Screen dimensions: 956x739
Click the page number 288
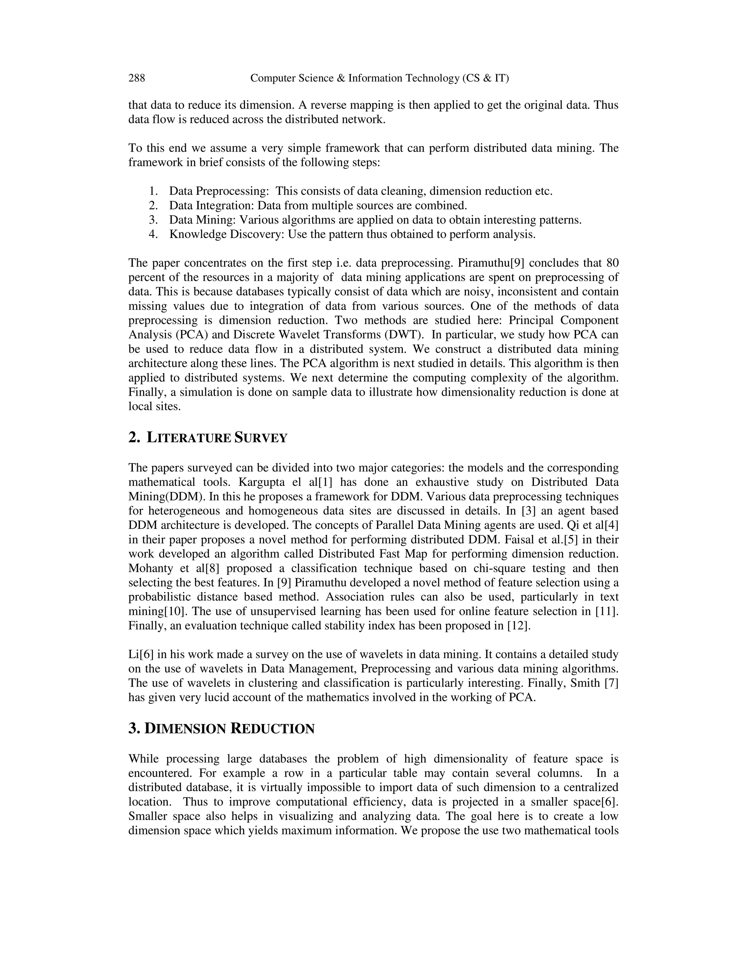[x=137, y=78]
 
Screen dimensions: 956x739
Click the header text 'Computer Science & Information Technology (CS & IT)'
[x=379, y=78]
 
